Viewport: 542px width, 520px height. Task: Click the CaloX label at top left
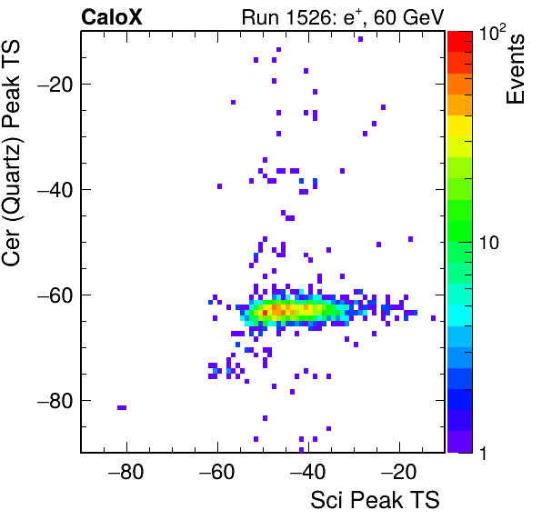pyautogui.click(x=112, y=17)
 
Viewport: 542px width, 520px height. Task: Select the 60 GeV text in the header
pyautogui.click(x=408, y=17)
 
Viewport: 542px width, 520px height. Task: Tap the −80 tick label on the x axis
pyautogui.click(x=125, y=472)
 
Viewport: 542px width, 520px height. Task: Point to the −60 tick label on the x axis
pyautogui.click(x=217, y=472)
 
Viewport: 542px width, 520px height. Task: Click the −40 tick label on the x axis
pyautogui.click(x=308, y=472)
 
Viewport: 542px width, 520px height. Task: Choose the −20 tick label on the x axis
pyautogui.click(x=399, y=472)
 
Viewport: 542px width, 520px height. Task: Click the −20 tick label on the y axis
pyautogui.click(x=55, y=84)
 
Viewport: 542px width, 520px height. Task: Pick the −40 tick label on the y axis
pyautogui.click(x=55, y=189)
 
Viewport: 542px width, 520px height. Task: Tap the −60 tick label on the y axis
pyautogui.click(x=55, y=295)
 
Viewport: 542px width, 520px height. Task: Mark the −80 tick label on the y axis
pyautogui.click(x=55, y=400)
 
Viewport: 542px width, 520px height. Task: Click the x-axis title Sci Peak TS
pyautogui.click(x=375, y=500)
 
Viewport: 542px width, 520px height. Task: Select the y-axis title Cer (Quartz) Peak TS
pyautogui.click(x=12, y=153)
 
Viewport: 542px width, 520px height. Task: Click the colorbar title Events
pyautogui.click(x=516, y=69)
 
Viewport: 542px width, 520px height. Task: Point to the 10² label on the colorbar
pyautogui.click(x=492, y=34)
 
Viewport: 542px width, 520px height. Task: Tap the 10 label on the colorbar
pyautogui.click(x=488, y=244)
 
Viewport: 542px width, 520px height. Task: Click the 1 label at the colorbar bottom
pyautogui.click(x=483, y=453)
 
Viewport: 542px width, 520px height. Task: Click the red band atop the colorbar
pyautogui.click(x=460, y=42)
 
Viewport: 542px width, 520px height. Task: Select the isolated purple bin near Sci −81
pyautogui.click(x=122, y=407)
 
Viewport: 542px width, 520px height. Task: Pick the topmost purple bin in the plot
pyautogui.click(x=360, y=39)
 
